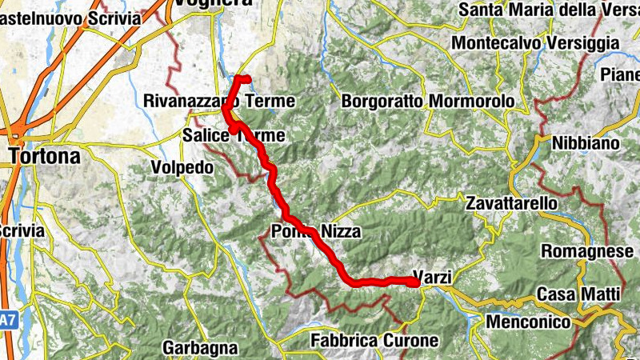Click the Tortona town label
pyautogui.click(x=44, y=156)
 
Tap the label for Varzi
pyautogui.click(x=433, y=278)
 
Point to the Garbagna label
pyautogui.click(x=201, y=348)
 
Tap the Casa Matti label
pyautogui.click(x=578, y=294)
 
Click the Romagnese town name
pyautogui.click(x=587, y=252)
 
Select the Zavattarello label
pyautogui.click(x=511, y=203)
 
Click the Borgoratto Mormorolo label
pyautogui.click(x=427, y=102)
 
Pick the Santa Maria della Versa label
pyautogui.click(x=549, y=10)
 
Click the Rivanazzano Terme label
pyautogui.click(x=219, y=102)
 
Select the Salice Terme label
pyautogui.click(x=233, y=135)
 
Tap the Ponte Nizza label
pyautogui.click(x=314, y=232)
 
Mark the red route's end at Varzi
pyautogui.click(x=417, y=282)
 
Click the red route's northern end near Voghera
pyautogui.click(x=246, y=78)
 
